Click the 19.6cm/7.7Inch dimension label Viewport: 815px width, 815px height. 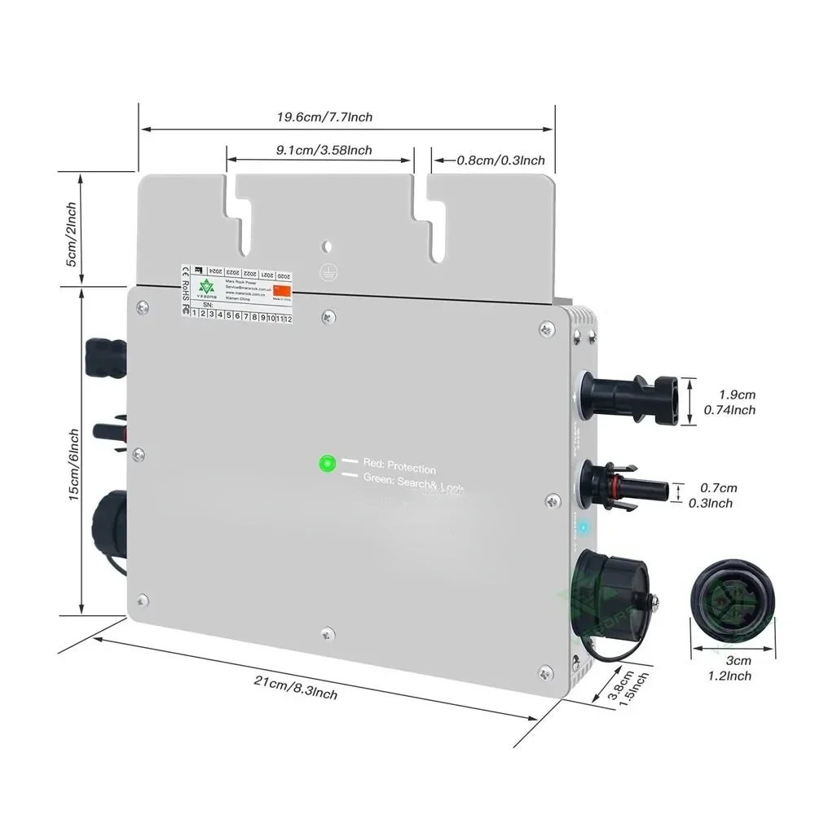click(324, 117)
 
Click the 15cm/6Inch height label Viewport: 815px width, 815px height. click(74, 465)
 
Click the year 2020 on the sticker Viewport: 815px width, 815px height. click(284, 276)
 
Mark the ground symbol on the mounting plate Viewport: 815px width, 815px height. click(327, 275)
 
